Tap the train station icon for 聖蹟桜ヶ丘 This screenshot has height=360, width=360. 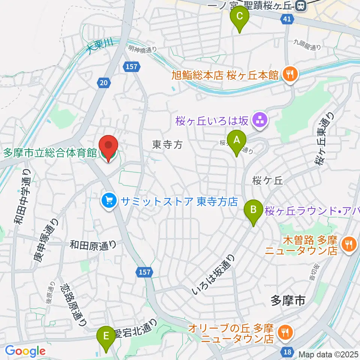click(300, 6)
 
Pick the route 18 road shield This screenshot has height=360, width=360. click(287, 351)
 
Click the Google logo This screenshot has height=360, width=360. click(25, 351)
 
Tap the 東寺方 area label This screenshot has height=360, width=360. click(167, 144)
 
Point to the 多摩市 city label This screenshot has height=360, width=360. click(287, 300)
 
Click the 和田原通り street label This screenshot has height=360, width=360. click(93, 246)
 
